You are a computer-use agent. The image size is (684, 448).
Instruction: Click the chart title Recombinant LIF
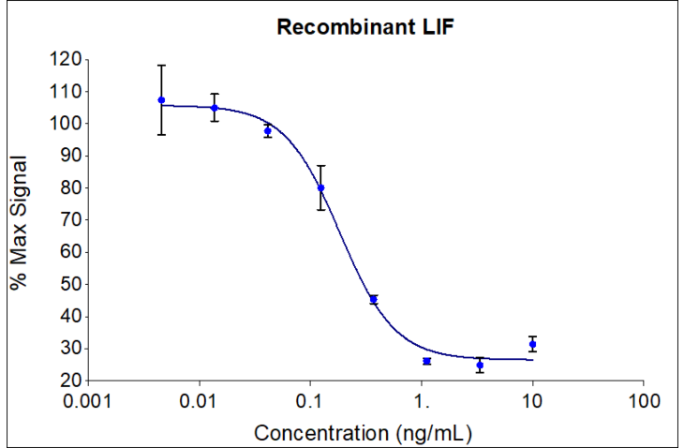(364, 27)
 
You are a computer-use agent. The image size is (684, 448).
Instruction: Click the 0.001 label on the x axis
(88, 401)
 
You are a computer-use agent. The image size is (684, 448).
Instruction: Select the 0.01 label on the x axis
(199, 401)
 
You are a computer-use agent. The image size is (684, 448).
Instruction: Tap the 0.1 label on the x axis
(310, 401)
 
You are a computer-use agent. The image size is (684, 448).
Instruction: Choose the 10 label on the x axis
(532, 401)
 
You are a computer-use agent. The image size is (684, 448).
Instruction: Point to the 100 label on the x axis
(643, 401)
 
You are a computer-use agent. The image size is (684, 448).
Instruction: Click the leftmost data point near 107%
(161, 100)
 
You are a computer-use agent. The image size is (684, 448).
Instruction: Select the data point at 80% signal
(320, 187)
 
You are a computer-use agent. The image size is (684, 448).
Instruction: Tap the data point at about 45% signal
(373, 299)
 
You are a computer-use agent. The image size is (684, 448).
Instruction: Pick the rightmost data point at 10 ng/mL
(532, 344)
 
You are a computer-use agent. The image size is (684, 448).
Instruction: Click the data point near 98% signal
(267, 131)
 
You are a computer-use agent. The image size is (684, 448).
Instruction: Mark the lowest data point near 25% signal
(480, 365)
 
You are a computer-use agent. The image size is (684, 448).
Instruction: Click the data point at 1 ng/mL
(426, 361)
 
